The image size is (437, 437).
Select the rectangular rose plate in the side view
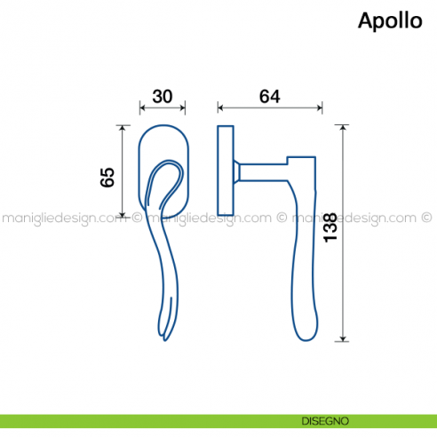pyautogui.click(x=225, y=170)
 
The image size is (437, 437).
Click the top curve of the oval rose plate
pyautogui.click(x=163, y=127)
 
